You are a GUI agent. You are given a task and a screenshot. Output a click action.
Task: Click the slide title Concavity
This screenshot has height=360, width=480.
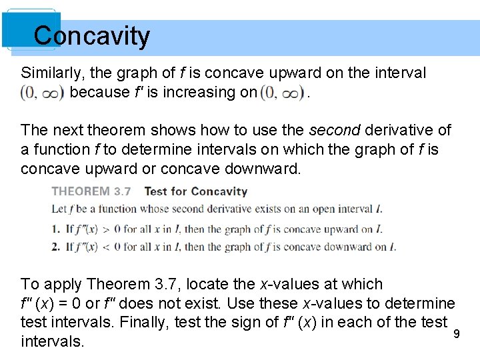pyautogui.click(x=92, y=36)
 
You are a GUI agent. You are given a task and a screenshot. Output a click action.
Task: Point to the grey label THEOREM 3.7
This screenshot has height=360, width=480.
pyautogui.click(x=91, y=191)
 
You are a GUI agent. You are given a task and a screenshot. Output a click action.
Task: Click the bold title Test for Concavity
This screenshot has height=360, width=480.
pyautogui.click(x=195, y=191)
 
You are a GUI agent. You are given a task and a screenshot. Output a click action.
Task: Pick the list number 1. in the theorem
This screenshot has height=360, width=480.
pyautogui.click(x=56, y=229)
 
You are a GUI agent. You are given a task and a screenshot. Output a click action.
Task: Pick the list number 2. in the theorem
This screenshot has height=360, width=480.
pyautogui.click(x=56, y=247)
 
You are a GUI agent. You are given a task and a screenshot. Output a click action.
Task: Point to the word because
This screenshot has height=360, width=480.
pyautogui.click(x=98, y=92)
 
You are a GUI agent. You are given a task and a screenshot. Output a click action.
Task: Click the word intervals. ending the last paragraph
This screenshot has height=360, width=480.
pyautogui.click(x=53, y=342)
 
